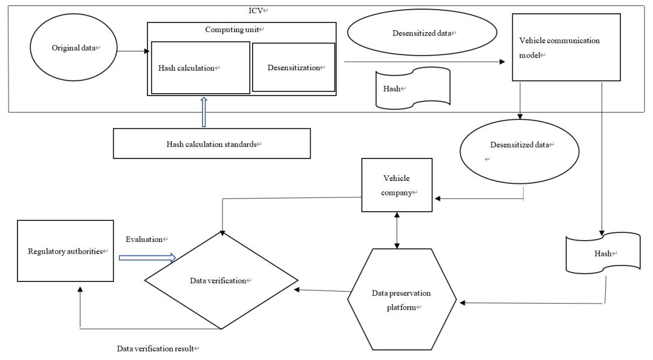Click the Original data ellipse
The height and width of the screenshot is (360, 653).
coord(74,47)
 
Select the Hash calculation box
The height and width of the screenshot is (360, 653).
coord(200,68)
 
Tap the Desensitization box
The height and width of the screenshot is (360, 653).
coord(294,67)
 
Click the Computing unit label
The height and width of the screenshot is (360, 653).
coord(232,30)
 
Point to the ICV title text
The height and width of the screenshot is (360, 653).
coord(256,11)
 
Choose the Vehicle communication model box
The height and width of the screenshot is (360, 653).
coord(566,47)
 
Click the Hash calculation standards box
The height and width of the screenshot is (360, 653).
coord(212,143)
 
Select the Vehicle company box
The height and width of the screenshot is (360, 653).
coord(397,185)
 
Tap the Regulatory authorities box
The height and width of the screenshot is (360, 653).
coord(65,251)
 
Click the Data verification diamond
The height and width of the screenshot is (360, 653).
coord(221,280)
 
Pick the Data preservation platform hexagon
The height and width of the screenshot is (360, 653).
coord(402,299)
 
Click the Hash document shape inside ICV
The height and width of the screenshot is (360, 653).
coord(413,88)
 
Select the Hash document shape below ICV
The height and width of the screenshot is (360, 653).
coord(603,253)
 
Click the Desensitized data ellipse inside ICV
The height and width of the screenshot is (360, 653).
coord(422,33)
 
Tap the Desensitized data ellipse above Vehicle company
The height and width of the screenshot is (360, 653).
coord(519,151)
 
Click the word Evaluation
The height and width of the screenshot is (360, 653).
coord(144,239)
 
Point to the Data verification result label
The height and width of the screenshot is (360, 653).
coord(155,349)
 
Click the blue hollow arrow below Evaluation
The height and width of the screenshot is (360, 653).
coord(148,258)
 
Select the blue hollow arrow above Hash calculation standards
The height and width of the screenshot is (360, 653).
coord(204,112)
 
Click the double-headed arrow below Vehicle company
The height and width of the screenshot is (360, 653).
coord(397,230)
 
